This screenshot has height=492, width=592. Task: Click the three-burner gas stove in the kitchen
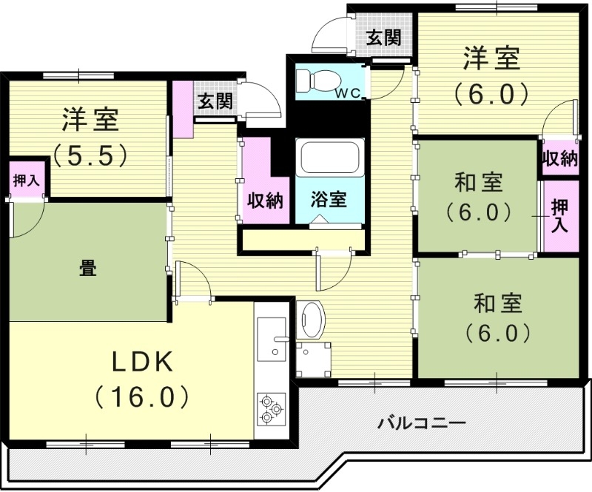coord(270,408)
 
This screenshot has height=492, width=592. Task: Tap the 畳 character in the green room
coord(87,267)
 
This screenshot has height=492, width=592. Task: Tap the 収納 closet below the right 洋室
coord(559,158)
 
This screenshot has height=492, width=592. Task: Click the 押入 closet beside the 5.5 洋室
coord(25,180)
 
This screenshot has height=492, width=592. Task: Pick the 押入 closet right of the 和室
coord(560,217)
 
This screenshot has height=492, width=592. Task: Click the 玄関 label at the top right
coord(384,37)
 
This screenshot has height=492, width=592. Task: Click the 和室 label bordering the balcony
coord(498,316)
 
